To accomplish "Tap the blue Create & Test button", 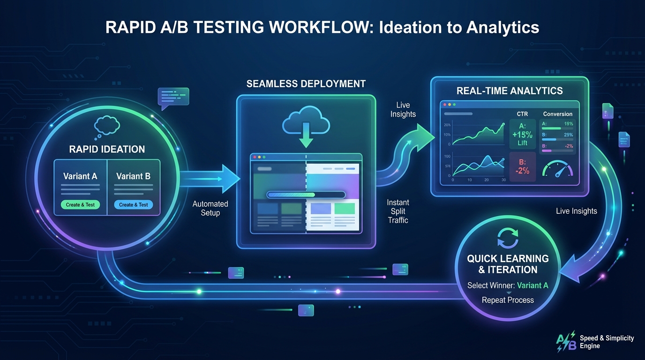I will click(x=134, y=205).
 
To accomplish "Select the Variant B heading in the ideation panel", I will click(x=134, y=176).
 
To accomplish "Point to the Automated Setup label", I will click(x=210, y=208).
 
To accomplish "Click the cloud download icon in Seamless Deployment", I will click(x=306, y=123).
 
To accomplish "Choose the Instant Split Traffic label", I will click(x=398, y=211).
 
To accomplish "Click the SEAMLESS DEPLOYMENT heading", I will click(x=306, y=84).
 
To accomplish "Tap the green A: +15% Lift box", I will click(x=522, y=133).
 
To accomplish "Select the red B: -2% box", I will click(x=522, y=166).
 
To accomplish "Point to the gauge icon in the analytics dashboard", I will click(x=558, y=169).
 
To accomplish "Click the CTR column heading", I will click(x=522, y=114).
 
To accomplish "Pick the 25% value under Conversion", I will click(x=568, y=135).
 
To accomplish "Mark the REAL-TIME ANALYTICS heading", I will click(x=510, y=90).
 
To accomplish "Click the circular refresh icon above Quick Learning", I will click(x=508, y=237).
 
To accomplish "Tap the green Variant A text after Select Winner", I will click(x=532, y=285).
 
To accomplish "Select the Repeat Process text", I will click(x=508, y=300).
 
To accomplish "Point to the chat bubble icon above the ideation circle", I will click(x=173, y=97).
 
